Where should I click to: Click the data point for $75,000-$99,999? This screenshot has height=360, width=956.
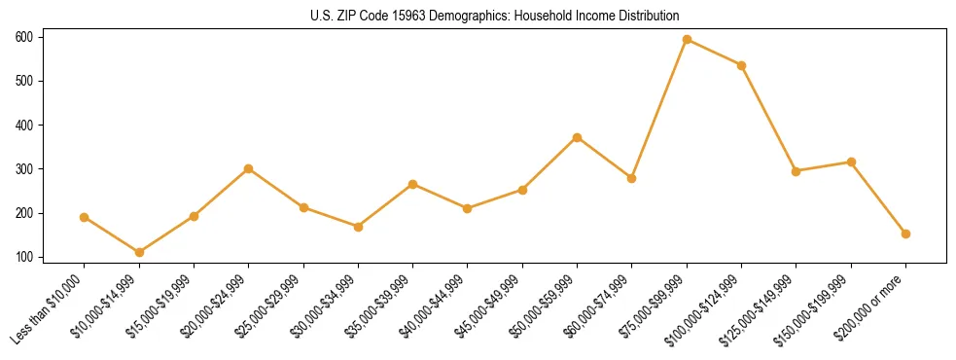pyautogui.click(x=687, y=39)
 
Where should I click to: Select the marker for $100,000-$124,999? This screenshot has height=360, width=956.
pyautogui.click(x=741, y=65)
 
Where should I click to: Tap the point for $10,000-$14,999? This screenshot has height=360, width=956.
pyautogui.click(x=139, y=252)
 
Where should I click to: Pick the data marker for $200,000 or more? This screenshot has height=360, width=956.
pyautogui.click(x=905, y=234)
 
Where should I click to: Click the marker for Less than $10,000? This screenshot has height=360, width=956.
pyautogui.click(x=85, y=217)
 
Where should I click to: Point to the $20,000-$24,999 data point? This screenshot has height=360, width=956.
pyautogui.click(x=249, y=168)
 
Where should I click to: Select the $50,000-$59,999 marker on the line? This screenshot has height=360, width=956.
pyautogui.click(x=577, y=137)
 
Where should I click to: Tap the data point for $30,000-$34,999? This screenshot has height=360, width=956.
pyautogui.click(x=358, y=227)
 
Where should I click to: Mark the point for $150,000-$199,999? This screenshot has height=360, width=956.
pyautogui.click(x=851, y=162)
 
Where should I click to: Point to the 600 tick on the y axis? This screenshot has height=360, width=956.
pyautogui.click(x=24, y=37)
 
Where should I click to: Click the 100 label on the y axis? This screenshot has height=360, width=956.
pyautogui.click(x=24, y=257)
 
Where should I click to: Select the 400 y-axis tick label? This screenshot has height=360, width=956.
pyautogui.click(x=24, y=125)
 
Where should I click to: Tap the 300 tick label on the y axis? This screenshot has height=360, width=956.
pyautogui.click(x=24, y=169)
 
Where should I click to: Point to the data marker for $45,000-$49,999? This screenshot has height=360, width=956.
pyautogui.click(x=522, y=190)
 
